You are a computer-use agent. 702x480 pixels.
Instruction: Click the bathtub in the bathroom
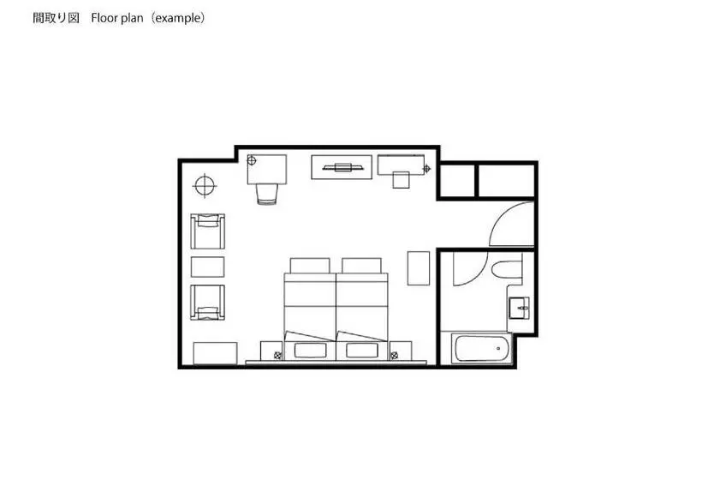click(x=481, y=348)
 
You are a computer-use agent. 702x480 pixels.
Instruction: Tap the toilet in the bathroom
click(x=507, y=269)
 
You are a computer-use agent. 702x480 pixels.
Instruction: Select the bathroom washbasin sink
click(x=519, y=308)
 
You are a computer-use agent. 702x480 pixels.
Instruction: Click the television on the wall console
click(x=343, y=168)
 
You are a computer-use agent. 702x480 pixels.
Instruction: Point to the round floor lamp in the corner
click(x=205, y=185)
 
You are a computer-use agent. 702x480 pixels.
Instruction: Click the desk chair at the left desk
click(x=267, y=194)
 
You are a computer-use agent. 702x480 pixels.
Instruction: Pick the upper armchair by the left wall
click(x=208, y=231)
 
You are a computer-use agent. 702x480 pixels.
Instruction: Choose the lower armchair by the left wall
click(x=208, y=303)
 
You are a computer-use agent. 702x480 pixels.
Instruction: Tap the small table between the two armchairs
click(x=208, y=267)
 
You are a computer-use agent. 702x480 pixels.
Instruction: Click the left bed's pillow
click(x=310, y=351)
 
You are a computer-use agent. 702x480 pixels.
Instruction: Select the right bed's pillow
click(x=362, y=351)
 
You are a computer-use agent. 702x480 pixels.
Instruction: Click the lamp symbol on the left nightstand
click(x=277, y=356)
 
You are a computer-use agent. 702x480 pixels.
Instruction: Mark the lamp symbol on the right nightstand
click(x=395, y=356)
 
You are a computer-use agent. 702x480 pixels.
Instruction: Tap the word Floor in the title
click(x=104, y=18)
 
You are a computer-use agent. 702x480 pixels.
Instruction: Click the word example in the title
click(x=178, y=18)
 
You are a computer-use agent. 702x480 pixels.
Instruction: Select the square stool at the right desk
click(x=402, y=180)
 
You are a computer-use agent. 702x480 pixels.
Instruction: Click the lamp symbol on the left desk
click(x=252, y=160)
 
